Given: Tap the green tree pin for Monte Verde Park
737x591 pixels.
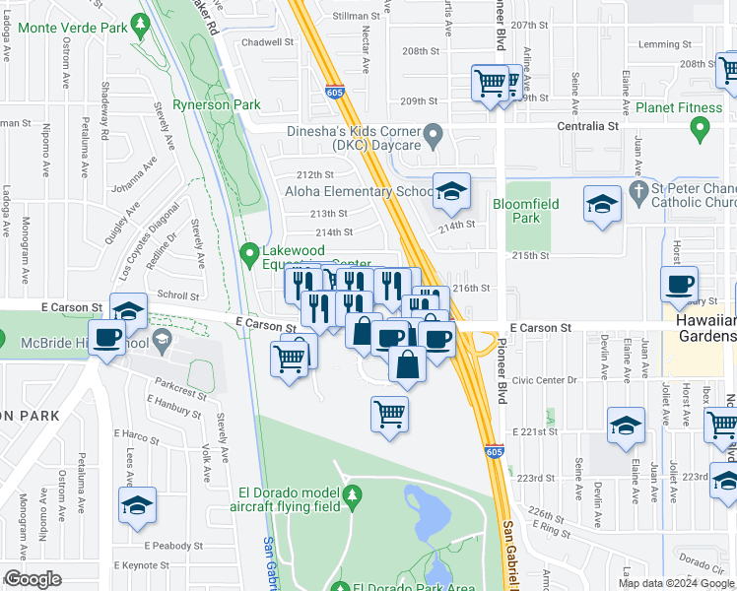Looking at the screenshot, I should coord(142,23).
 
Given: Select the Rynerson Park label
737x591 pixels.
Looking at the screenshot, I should coord(217,104).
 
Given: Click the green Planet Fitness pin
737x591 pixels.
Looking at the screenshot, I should coord(700,128).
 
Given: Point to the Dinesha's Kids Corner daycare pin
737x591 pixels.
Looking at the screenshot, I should coord(433,135).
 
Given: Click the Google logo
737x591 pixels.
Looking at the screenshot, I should coord(33,579).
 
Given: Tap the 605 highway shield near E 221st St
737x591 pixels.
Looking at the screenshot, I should coord(495,451).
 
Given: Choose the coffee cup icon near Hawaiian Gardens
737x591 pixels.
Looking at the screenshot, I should coord(679,286).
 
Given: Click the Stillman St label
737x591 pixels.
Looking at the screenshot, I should coord(357,17).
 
